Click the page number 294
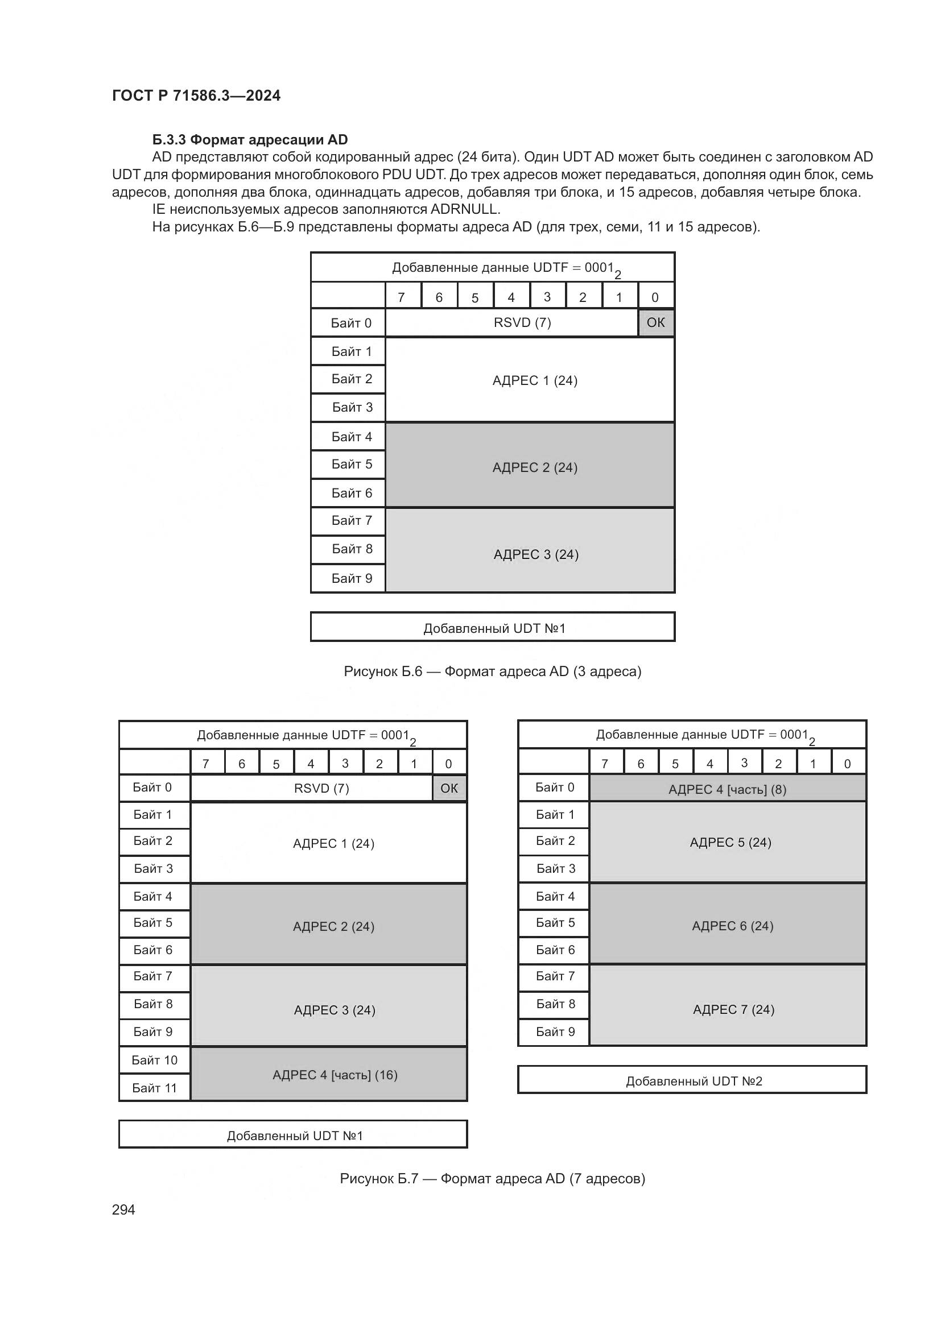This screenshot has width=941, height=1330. [x=123, y=1209]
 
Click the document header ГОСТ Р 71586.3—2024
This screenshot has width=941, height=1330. [x=196, y=96]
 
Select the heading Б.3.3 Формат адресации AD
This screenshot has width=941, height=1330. [x=250, y=140]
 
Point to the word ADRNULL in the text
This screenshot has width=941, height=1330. [x=465, y=209]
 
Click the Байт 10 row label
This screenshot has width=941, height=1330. [x=154, y=1060]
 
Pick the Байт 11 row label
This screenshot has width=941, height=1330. [x=154, y=1088]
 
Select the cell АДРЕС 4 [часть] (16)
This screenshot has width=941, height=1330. [x=335, y=1075]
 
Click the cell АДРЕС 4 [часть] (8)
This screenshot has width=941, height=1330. [x=727, y=790]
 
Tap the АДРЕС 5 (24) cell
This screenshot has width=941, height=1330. [x=730, y=842]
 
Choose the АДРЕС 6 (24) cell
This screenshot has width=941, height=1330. [x=732, y=926]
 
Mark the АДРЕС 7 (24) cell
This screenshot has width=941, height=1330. [x=733, y=1010]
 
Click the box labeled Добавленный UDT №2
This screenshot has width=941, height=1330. [x=694, y=1081]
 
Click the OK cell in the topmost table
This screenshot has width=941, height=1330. [x=655, y=322]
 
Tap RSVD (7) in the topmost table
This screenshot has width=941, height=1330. [x=522, y=322]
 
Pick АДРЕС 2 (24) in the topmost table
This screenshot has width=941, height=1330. [x=535, y=467]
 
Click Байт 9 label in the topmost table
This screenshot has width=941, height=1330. [x=352, y=578]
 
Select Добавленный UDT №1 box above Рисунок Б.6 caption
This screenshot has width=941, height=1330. [x=494, y=628]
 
